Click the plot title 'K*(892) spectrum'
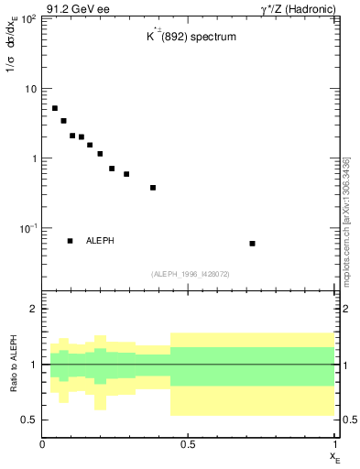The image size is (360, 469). point(190,38)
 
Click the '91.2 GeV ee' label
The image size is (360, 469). point(71,8)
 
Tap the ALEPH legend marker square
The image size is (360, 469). point(71,241)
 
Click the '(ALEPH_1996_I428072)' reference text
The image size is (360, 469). point(190,274)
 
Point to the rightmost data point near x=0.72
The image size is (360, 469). point(252,244)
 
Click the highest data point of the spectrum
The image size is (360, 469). point(55,108)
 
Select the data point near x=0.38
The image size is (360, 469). point(153,188)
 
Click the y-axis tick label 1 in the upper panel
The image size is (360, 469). point(34,158)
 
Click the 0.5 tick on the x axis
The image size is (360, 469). point(188,443)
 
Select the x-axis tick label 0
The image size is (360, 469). point(42,443)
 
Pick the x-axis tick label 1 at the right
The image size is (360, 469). point(333,443)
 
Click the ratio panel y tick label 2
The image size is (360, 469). point(33,309)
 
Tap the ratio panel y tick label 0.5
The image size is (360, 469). point(28,420)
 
